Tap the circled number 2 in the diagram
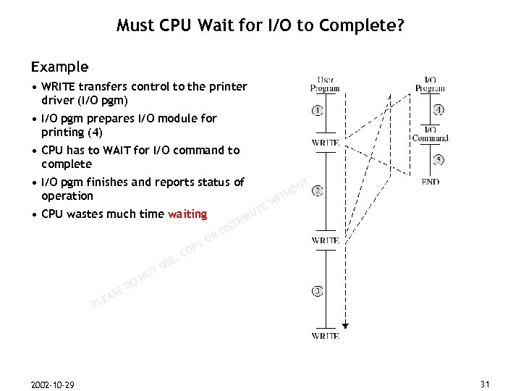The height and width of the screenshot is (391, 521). click(318, 191)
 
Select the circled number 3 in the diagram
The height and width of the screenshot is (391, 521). click(318, 291)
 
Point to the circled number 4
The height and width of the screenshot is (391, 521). click(439, 111)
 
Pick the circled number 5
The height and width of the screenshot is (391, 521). click(439, 159)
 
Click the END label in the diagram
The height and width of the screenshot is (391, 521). click(430, 182)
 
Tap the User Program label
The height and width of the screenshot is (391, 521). click(325, 83)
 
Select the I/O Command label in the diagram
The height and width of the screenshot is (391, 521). click(430, 133)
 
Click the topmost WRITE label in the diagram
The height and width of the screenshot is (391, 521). click(325, 143)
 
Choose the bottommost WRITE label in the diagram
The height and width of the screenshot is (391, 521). click(325, 336)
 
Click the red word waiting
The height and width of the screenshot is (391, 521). click(187, 214)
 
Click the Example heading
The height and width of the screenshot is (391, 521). click(59, 67)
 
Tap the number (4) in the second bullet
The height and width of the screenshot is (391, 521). click(95, 133)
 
